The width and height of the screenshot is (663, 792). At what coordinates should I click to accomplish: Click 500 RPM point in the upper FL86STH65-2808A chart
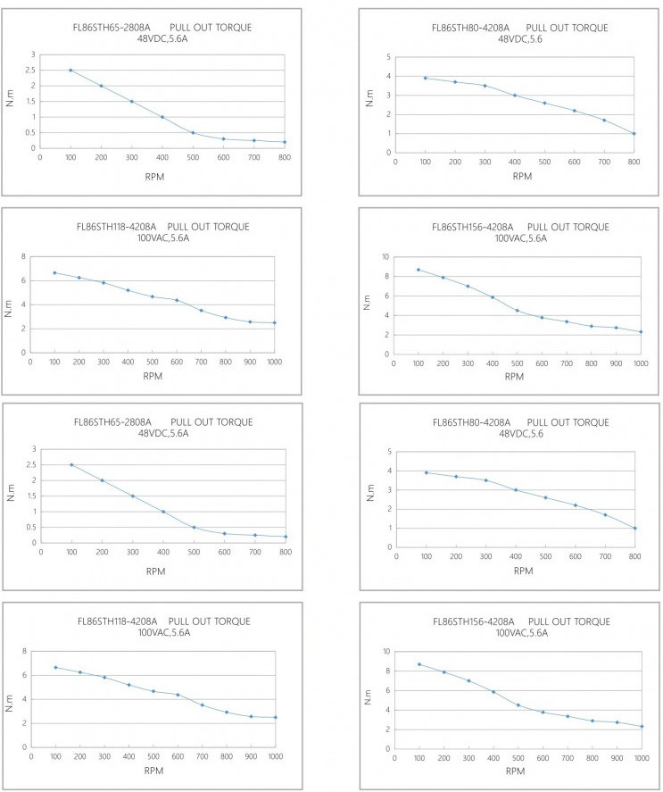pos(193,132)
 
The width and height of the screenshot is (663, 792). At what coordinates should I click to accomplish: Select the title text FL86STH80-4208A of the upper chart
pos(470,28)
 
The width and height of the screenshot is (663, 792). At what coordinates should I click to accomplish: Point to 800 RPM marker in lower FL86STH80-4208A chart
pos(634,528)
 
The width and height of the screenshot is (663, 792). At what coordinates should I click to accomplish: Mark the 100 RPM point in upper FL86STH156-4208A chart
pos(419,270)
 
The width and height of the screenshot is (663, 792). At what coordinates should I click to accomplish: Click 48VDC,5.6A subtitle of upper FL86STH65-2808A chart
pos(163,38)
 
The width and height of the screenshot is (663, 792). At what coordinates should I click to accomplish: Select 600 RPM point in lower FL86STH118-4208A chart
pos(177,695)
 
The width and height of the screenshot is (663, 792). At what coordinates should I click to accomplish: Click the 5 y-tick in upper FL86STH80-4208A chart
pos(387,57)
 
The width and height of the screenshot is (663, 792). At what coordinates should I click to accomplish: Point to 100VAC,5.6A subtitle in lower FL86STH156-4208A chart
pos(522,632)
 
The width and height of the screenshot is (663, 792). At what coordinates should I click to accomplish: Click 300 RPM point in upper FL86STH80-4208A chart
pos(485,86)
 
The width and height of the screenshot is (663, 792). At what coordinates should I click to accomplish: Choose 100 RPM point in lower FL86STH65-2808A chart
pos(70,464)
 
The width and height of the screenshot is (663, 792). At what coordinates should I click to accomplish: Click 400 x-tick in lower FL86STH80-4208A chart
pos(515,556)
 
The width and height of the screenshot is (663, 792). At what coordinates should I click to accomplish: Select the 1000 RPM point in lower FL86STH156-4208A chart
pos(641,726)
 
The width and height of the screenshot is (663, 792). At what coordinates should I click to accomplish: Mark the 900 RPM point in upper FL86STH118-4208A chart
pos(250,321)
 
